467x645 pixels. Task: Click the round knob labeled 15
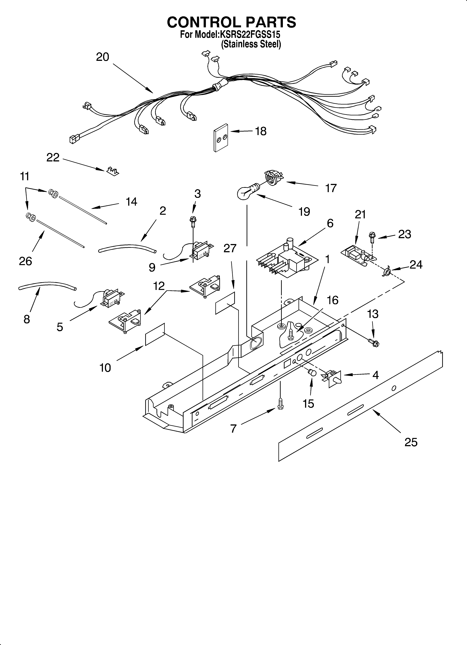[x=312, y=373]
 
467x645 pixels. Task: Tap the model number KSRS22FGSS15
[x=249, y=35]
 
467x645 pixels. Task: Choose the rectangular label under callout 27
[x=225, y=303]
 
